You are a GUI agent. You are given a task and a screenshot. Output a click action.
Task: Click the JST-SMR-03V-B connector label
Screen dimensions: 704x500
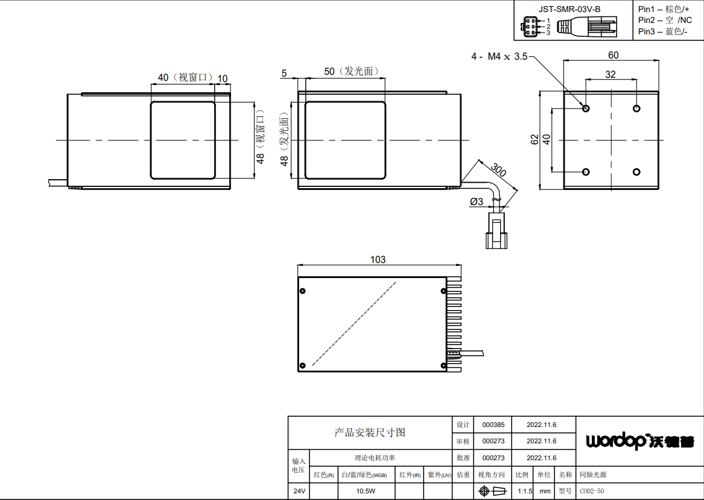(569, 9)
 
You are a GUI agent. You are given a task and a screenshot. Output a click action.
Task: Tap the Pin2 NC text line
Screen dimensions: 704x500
(665, 20)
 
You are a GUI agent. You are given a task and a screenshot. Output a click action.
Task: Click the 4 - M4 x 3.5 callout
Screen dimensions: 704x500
(499, 57)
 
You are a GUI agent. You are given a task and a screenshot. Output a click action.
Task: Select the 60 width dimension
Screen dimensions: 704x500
(614, 55)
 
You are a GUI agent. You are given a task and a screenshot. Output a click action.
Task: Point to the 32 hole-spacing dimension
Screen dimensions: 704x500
(610, 75)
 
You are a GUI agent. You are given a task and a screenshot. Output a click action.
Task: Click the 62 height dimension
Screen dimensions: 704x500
(534, 139)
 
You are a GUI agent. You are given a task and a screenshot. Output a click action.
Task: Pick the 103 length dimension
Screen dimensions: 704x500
(378, 259)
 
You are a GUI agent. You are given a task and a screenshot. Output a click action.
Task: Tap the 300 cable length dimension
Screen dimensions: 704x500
(498, 170)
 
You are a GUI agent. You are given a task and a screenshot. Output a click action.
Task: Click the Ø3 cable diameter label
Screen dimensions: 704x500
(477, 201)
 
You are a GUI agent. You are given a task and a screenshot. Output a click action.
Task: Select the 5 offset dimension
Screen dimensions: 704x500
(284, 73)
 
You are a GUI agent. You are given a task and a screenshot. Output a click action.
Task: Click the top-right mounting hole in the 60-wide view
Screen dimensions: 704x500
(636, 108)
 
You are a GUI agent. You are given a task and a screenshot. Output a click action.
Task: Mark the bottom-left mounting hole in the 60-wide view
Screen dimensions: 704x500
(586, 172)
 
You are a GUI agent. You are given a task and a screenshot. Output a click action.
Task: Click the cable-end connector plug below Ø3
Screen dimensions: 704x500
(496, 230)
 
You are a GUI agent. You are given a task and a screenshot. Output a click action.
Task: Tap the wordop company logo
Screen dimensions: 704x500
(640, 441)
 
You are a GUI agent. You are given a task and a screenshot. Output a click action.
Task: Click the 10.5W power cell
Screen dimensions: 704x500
(366, 491)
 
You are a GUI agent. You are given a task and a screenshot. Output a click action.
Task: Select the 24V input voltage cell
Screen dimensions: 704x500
(299, 491)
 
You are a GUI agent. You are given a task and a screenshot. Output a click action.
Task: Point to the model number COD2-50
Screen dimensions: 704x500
(592, 491)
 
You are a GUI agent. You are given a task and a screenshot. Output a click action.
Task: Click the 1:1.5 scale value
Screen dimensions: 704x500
(525, 491)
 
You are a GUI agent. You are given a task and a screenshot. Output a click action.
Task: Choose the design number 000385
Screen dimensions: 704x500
(493, 425)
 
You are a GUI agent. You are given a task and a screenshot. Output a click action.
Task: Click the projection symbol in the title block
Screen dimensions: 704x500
(492, 491)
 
